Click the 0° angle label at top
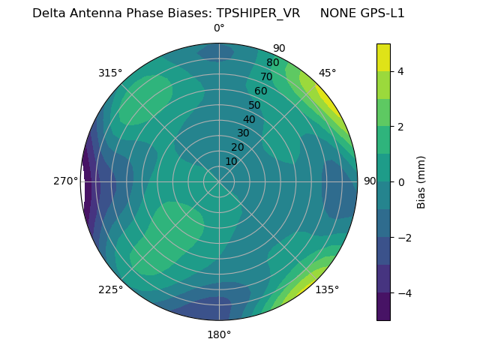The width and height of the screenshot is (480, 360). click(219, 28)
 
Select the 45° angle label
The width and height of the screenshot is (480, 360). click(327, 73)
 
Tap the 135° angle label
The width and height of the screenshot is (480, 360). click(327, 289)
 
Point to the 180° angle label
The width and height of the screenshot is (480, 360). click(219, 334)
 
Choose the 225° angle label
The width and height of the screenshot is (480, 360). click(110, 289)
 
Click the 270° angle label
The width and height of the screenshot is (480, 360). click(66, 181)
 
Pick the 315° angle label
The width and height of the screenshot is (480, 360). click(110, 73)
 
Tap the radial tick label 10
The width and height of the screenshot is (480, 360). click(231, 161)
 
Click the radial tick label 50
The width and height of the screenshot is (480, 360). click(254, 105)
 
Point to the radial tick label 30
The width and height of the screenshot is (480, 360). click(243, 133)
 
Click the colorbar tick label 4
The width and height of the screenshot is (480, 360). click(400, 71)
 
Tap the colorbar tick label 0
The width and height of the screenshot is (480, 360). click(400, 182)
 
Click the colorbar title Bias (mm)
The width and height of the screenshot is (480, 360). click(421, 181)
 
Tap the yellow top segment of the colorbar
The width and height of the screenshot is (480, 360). click(383, 57)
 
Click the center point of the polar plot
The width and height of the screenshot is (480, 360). click(219, 181)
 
